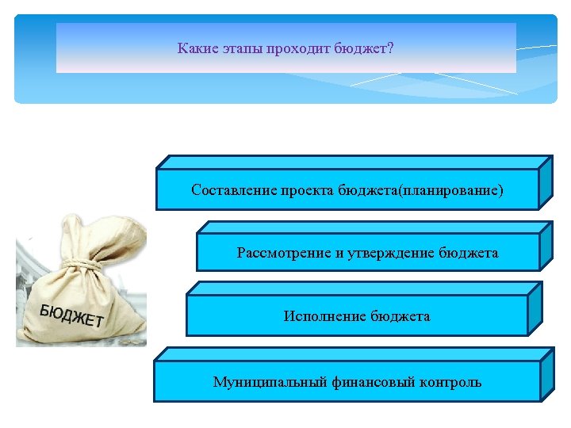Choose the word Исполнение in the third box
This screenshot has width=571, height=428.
tap(323, 316)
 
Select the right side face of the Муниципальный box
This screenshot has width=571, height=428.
tap(546, 373)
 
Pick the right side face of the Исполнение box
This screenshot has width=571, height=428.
tap(535, 309)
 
